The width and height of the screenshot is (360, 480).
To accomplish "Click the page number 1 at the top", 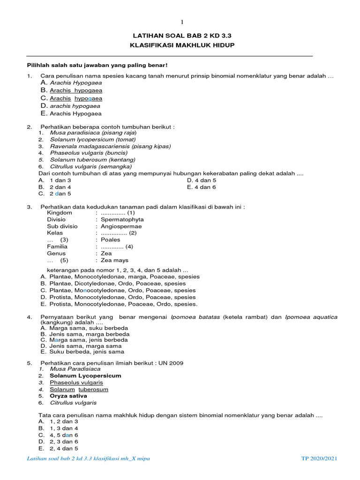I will [x=183, y=22].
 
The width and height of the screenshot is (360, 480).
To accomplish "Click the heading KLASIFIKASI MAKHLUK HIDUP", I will [x=182, y=45].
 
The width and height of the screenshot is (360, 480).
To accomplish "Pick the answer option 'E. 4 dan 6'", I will [x=201, y=187].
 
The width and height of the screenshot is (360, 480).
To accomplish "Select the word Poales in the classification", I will [x=110, y=240].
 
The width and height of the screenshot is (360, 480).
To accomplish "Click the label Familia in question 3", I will [x=57, y=247].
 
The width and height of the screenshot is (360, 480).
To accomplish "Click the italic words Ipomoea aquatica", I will [x=311, y=317].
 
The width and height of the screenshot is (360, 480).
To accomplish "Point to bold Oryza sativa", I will [x=68, y=396].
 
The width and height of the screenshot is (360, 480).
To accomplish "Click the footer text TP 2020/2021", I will [x=319, y=458].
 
